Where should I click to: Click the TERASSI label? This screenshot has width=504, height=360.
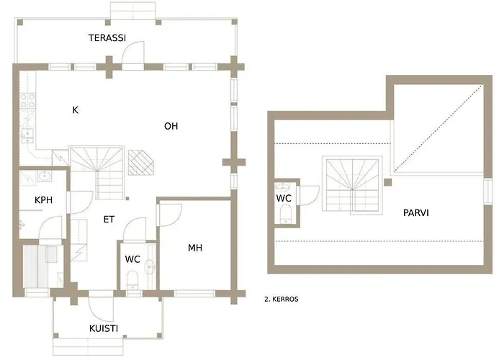pos(107,38)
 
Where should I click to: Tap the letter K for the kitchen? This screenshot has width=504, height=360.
pos(75,110)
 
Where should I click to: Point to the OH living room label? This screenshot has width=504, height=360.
pos(171,126)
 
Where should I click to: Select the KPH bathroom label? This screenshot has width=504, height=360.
pos(43,200)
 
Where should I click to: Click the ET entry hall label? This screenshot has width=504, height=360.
pos(109,219)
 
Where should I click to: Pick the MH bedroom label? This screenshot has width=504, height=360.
pos(195,248)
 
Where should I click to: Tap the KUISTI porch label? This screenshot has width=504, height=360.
pos(104,328)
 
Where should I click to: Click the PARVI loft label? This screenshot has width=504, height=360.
pos(416,212)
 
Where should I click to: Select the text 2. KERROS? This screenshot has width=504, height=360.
pos(282,299)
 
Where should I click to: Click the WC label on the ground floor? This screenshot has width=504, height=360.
pos(132,258)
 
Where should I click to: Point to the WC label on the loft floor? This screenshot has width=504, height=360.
pos(284,198)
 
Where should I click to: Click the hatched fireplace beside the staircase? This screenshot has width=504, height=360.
pos(141,162)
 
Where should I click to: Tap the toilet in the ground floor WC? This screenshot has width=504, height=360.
pos(132,279)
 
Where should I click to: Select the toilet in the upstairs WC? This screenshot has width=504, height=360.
pos(285,213)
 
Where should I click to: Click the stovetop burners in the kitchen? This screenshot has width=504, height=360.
pos(27,100)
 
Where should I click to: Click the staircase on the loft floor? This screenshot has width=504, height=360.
pos(352,184)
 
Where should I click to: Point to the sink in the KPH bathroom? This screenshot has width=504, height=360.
pos(45,176)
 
